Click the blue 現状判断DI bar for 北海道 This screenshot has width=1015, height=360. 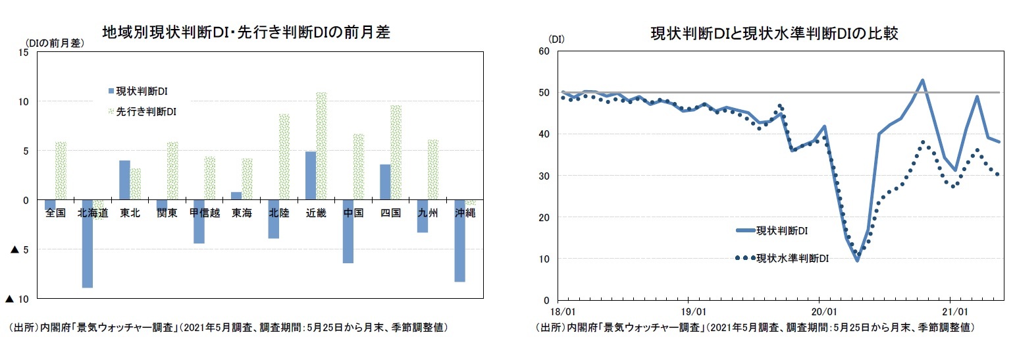[x=87, y=244]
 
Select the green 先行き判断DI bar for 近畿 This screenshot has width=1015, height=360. [x=322, y=145]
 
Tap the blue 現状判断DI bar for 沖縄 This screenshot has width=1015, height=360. [x=460, y=240]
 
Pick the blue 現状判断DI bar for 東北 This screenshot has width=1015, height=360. [x=124, y=180]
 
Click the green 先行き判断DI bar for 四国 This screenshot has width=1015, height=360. [x=396, y=152]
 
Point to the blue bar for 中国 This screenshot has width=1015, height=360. [x=348, y=231]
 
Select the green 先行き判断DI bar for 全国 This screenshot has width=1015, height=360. [x=61, y=170]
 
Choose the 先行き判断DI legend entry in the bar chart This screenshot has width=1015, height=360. [x=141, y=112]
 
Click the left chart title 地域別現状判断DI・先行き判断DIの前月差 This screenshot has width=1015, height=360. [x=246, y=33]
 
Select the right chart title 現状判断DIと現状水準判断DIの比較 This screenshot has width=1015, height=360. [x=773, y=33]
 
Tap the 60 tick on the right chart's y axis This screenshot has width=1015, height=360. [x=545, y=51]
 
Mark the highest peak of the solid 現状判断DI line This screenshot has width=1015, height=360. [x=922, y=80]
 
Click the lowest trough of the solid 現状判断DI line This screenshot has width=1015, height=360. [x=857, y=261]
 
